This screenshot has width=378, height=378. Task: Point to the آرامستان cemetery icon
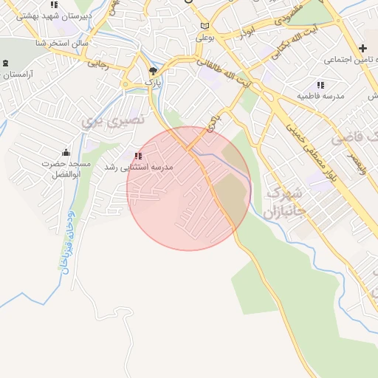[x=7, y=63]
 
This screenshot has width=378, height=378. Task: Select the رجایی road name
[x=98, y=65]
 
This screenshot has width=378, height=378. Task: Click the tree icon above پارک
[x=153, y=71]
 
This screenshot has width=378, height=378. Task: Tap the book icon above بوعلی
[x=205, y=24]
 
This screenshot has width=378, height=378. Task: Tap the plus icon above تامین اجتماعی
[x=362, y=48]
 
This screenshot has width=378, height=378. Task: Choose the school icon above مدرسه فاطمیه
[x=320, y=85]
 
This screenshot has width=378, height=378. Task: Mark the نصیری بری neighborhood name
[x=114, y=121]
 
